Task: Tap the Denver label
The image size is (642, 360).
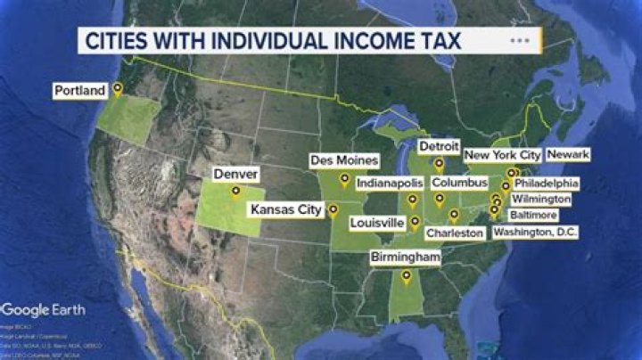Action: click(x=235, y=174)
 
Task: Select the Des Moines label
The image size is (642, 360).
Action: click(x=343, y=160)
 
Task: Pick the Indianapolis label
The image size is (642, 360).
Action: click(x=388, y=183)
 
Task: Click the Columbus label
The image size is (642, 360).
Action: click(x=460, y=183)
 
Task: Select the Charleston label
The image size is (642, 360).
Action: click(x=455, y=233)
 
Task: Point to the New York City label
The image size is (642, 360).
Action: click(x=502, y=155)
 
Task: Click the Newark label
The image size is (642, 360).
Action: click(x=568, y=154)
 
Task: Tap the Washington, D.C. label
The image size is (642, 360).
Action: click(x=536, y=232)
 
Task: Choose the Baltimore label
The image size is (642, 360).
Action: click(x=533, y=216)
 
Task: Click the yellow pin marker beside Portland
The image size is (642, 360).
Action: click(x=117, y=89)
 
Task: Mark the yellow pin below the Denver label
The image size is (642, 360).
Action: click(x=235, y=190)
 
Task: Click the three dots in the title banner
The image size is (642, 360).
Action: click(x=520, y=40)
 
